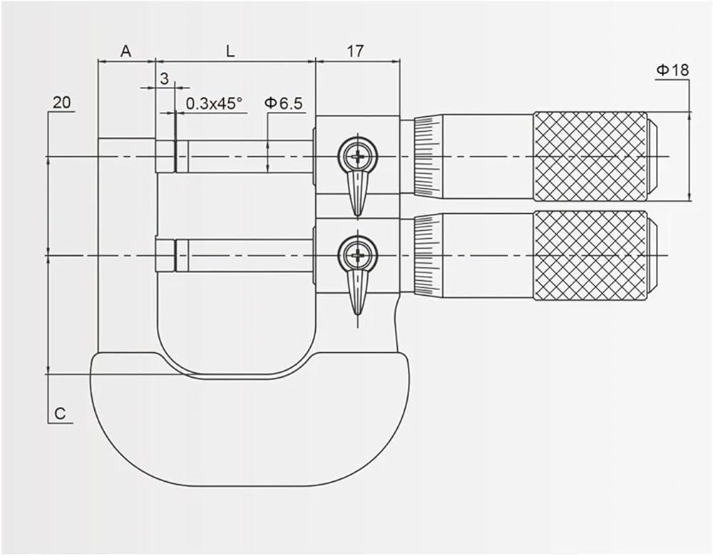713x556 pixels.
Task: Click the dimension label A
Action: pos(125,51)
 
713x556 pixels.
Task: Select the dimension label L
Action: pos(230,51)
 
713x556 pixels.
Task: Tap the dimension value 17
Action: pos(356,51)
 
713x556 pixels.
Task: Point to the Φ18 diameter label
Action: pos(672,70)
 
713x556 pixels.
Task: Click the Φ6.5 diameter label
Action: pos(283,103)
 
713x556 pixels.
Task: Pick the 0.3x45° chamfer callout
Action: pos(214,103)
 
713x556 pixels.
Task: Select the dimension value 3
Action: pos(165,78)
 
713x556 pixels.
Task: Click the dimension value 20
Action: pos(62,102)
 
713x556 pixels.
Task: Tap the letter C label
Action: pos(60,413)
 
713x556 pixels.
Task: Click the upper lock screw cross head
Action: pos(358,156)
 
